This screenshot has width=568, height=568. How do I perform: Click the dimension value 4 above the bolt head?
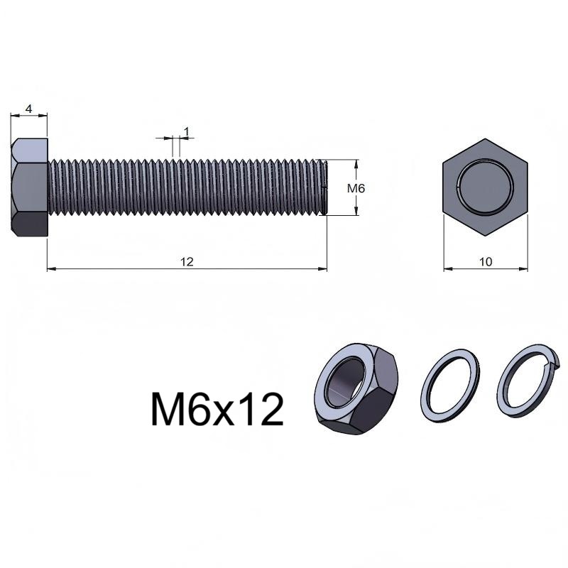coord(29,109)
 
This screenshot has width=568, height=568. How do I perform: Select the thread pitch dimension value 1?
coord(187,132)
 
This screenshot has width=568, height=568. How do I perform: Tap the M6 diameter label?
coord(356,188)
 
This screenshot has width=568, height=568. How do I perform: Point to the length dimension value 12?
coord(187,261)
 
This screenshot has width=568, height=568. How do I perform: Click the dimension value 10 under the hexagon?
coord(486,261)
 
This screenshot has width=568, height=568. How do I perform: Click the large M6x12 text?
coord(217,410)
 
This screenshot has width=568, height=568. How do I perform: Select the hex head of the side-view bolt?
coord(29,187)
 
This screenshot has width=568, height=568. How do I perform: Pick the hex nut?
coord(356,388)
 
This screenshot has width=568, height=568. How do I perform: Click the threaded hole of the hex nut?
coord(345,382)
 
